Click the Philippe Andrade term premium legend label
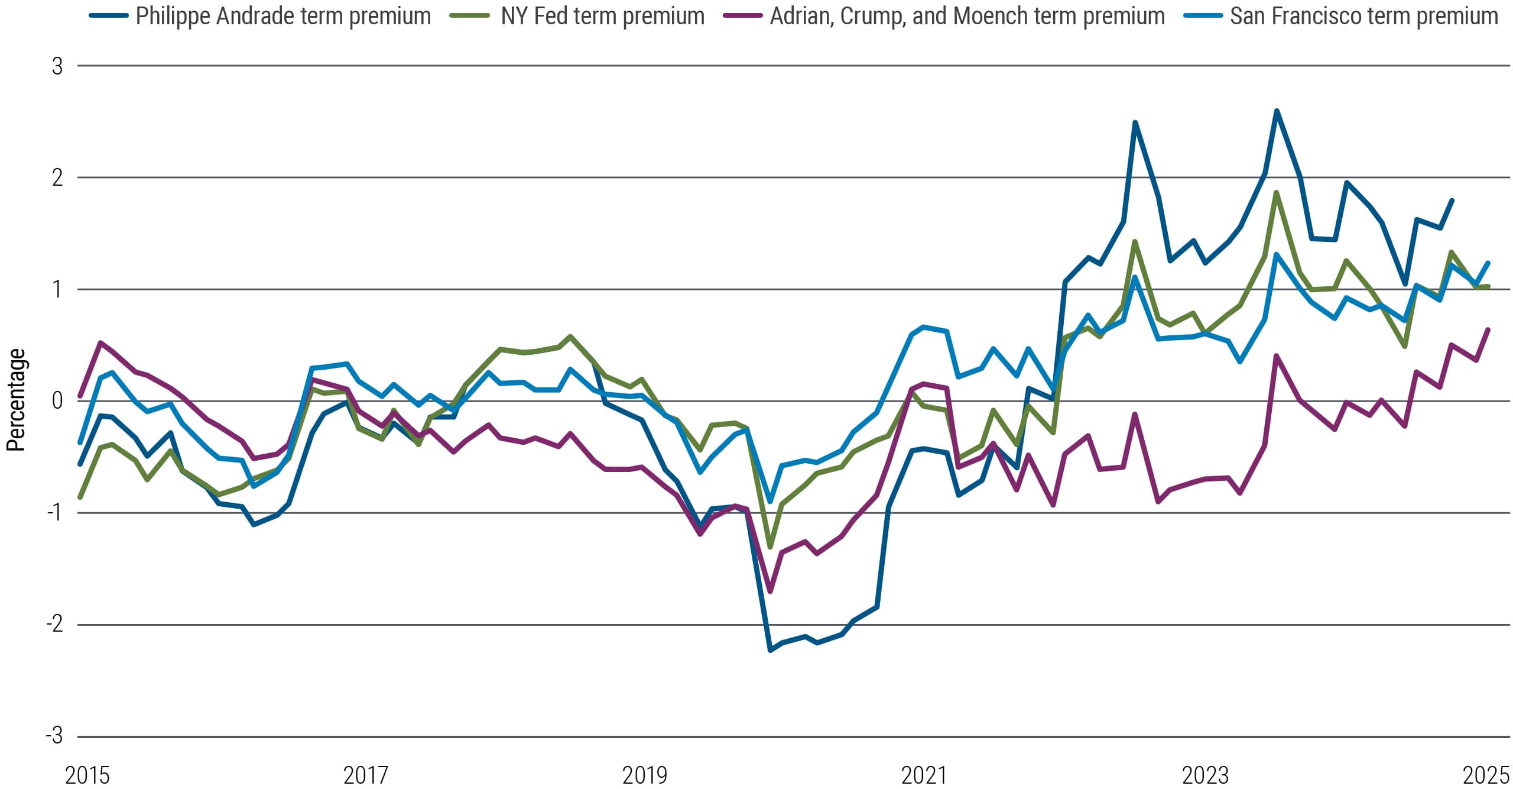coord(283,16)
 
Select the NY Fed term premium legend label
coord(602,16)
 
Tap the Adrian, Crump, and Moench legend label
coord(967,16)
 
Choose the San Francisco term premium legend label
coord(1363,16)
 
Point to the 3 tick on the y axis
coord(57,66)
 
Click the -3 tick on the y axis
coord(54,736)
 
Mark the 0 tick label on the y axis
coord(57,401)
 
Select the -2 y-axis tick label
coord(54,624)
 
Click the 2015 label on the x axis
coord(87,775)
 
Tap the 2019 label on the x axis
coord(644,775)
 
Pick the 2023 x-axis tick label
coord(1204,775)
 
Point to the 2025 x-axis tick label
coord(1485,775)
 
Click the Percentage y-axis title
coord(16,400)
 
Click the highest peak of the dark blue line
coord(1277,111)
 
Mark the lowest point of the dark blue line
coord(770,650)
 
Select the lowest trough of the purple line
coord(770,591)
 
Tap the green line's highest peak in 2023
coord(1277,192)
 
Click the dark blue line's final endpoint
coord(1452,201)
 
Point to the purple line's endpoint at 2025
coord(1488,330)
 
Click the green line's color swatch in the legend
coord(469,16)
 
